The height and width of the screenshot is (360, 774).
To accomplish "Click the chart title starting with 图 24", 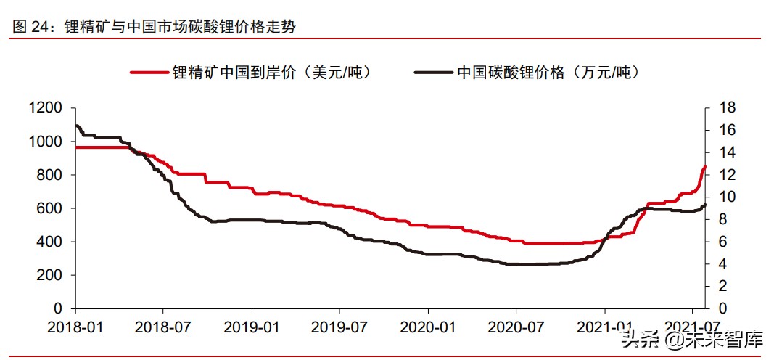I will (155, 26).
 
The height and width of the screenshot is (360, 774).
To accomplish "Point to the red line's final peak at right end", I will (704, 166).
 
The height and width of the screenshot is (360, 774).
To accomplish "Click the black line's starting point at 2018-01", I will (76, 126).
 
